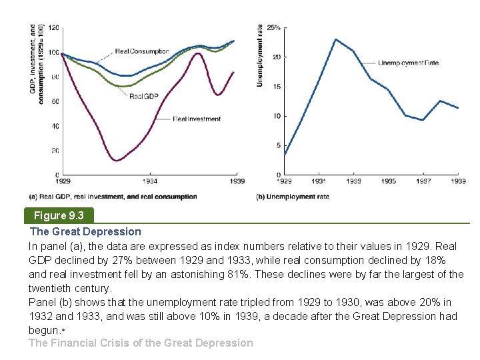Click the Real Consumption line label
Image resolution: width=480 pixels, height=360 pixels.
[x=142, y=51]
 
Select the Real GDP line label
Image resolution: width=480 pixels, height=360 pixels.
[x=143, y=96]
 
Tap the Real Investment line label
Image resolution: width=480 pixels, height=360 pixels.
[x=197, y=119]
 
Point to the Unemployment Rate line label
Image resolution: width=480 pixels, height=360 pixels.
[x=408, y=63]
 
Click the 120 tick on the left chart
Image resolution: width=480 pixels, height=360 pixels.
[x=53, y=27]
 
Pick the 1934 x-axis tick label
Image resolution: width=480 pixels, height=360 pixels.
[x=151, y=181]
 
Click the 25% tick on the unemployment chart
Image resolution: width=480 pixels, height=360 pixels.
[x=273, y=28]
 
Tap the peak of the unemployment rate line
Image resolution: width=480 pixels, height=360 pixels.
[x=335, y=39]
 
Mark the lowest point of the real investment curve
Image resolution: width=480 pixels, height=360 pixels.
[x=117, y=160]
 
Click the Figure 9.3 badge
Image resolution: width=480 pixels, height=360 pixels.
[x=59, y=215]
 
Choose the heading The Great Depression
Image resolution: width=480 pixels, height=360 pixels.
[x=85, y=231]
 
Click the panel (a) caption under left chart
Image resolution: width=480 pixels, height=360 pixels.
[x=113, y=197]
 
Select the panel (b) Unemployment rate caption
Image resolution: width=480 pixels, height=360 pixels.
[x=293, y=197]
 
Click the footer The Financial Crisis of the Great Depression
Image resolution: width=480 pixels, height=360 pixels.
[x=141, y=343]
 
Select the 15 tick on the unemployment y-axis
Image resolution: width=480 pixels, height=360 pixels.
[x=275, y=87]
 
